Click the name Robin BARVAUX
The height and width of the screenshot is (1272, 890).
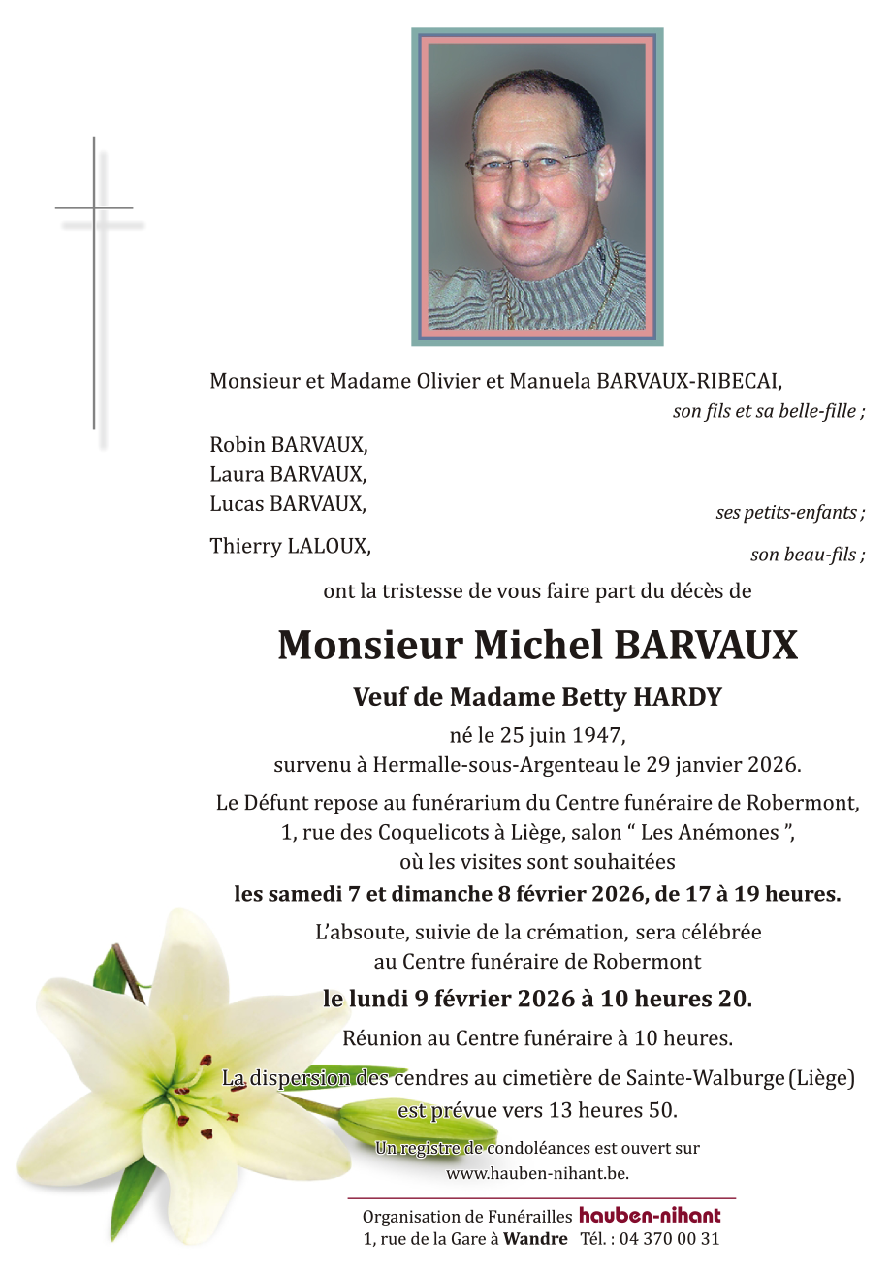click(x=289, y=445)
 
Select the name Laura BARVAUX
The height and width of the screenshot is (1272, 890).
click(x=288, y=474)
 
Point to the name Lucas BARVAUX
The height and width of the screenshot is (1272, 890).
click(x=288, y=503)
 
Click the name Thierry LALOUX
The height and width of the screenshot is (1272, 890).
click(x=290, y=546)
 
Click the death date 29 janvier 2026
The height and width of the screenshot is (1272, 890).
click(x=725, y=764)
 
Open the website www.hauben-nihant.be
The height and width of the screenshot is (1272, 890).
click(x=537, y=1173)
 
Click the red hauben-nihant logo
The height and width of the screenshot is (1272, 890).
click(x=650, y=1216)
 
